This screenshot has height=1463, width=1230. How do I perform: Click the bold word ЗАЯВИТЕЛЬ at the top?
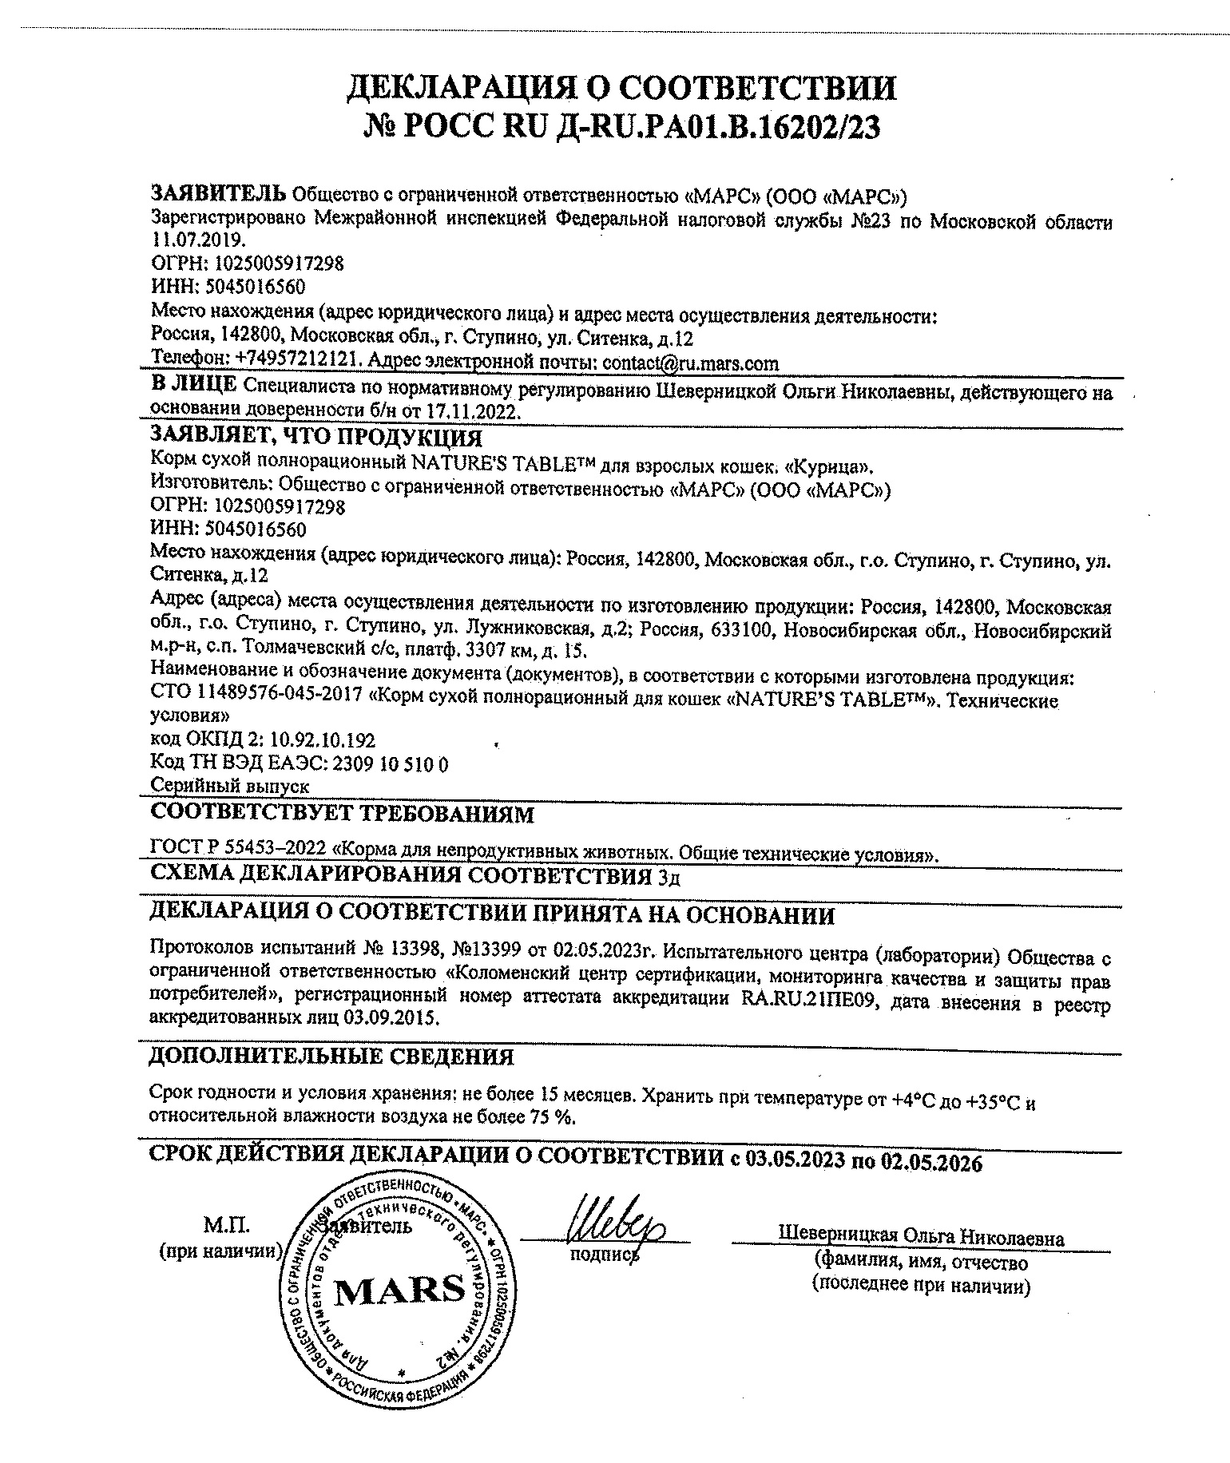click(x=218, y=193)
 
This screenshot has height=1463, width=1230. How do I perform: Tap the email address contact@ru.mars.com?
click(x=690, y=363)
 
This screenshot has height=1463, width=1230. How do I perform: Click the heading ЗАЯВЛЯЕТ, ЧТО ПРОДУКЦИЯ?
click(x=316, y=438)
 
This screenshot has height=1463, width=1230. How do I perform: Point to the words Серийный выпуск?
click(x=230, y=786)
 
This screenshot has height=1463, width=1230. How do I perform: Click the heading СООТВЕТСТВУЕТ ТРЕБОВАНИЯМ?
click(x=342, y=815)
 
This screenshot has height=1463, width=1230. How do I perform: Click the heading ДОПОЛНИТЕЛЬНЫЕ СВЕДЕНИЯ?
click(x=331, y=1057)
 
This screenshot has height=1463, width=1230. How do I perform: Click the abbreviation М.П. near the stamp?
click(x=227, y=1225)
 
